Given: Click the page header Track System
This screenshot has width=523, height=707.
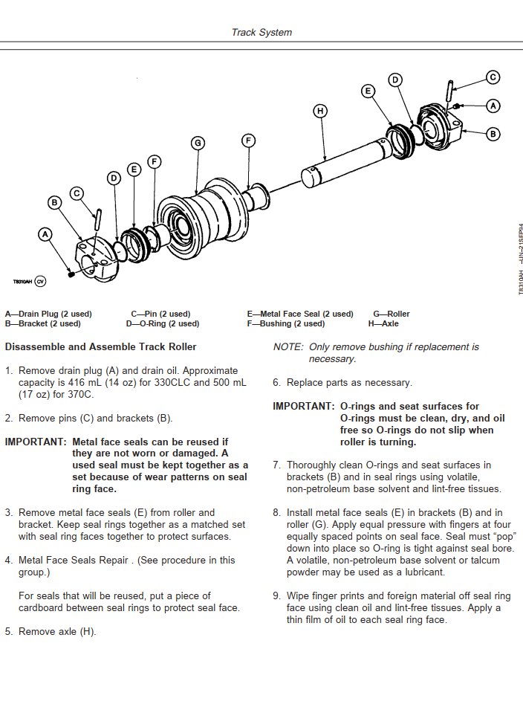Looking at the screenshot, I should (261, 32).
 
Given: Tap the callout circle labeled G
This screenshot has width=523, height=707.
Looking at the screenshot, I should (198, 143).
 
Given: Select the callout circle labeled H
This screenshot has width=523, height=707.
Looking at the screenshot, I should (320, 111).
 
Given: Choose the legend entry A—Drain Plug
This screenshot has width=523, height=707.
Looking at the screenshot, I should (48, 314).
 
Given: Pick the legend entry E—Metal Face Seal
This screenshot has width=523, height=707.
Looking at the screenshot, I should (300, 314).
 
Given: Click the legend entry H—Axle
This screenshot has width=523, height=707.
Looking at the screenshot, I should (383, 323).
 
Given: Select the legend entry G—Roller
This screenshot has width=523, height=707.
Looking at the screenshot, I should (392, 314).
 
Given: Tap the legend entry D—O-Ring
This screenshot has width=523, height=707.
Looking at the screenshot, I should (165, 323).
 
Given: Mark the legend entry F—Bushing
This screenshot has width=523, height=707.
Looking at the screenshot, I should (286, 323).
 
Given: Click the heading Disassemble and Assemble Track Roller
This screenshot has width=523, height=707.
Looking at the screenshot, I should (100, 346).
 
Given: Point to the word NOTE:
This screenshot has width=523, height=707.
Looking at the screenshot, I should (288, 346).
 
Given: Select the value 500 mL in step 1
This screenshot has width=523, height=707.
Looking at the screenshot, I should (227, 382).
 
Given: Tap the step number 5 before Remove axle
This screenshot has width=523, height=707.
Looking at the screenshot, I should (8, 632).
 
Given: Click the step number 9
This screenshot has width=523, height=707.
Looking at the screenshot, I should (276, 596).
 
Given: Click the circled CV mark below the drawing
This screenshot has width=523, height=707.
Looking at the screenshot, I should (40, 282).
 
